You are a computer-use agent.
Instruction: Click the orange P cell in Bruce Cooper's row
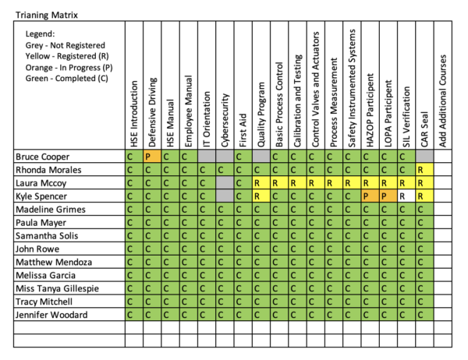[x=152, y=157]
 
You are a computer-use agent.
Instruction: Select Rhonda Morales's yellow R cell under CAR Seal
[x=424, y=170]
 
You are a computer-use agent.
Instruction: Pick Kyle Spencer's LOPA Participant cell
[x=388, y=196]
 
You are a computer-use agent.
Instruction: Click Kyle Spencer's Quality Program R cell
[x=261, y=196]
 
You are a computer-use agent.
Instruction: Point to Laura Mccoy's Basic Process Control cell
[x=278, y=183]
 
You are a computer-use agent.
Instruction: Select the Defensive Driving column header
[x=152, y=109]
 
